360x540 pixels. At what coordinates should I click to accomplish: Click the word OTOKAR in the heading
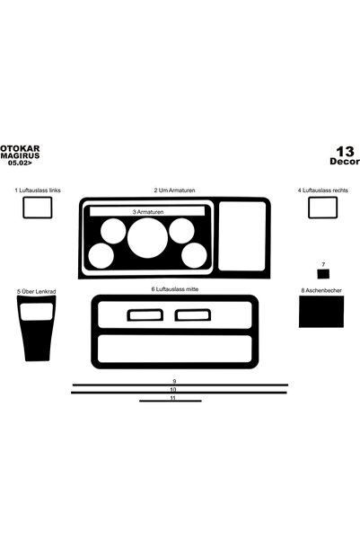(20, 149)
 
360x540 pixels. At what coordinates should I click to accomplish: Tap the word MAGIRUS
(20, 155)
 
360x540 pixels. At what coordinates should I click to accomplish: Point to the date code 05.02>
(20, 163)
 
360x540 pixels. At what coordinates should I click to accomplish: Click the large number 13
(345, 152)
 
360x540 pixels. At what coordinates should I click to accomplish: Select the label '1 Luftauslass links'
(38, 190)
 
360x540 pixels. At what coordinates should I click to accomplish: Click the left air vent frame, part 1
(38, 198)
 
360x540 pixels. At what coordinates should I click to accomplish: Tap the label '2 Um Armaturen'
(174, 190)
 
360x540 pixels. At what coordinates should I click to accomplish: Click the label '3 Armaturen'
(148, 212)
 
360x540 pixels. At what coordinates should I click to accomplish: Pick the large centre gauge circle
(147, 237)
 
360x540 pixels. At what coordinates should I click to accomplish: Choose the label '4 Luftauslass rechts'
(322, 190)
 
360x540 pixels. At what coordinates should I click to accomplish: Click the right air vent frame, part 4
(322, 198)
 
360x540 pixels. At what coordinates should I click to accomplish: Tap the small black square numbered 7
(323, 274)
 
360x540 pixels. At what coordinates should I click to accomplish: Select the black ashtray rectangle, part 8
(321, 312)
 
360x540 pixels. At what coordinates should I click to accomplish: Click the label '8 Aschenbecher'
(321, 290)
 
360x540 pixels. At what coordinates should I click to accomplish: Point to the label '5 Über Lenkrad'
(37, 292)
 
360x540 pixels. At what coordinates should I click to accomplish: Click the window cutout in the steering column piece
(37, 312)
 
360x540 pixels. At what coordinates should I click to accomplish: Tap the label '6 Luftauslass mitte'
(175, 289)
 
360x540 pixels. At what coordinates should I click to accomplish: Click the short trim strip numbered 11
(171, 401)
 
